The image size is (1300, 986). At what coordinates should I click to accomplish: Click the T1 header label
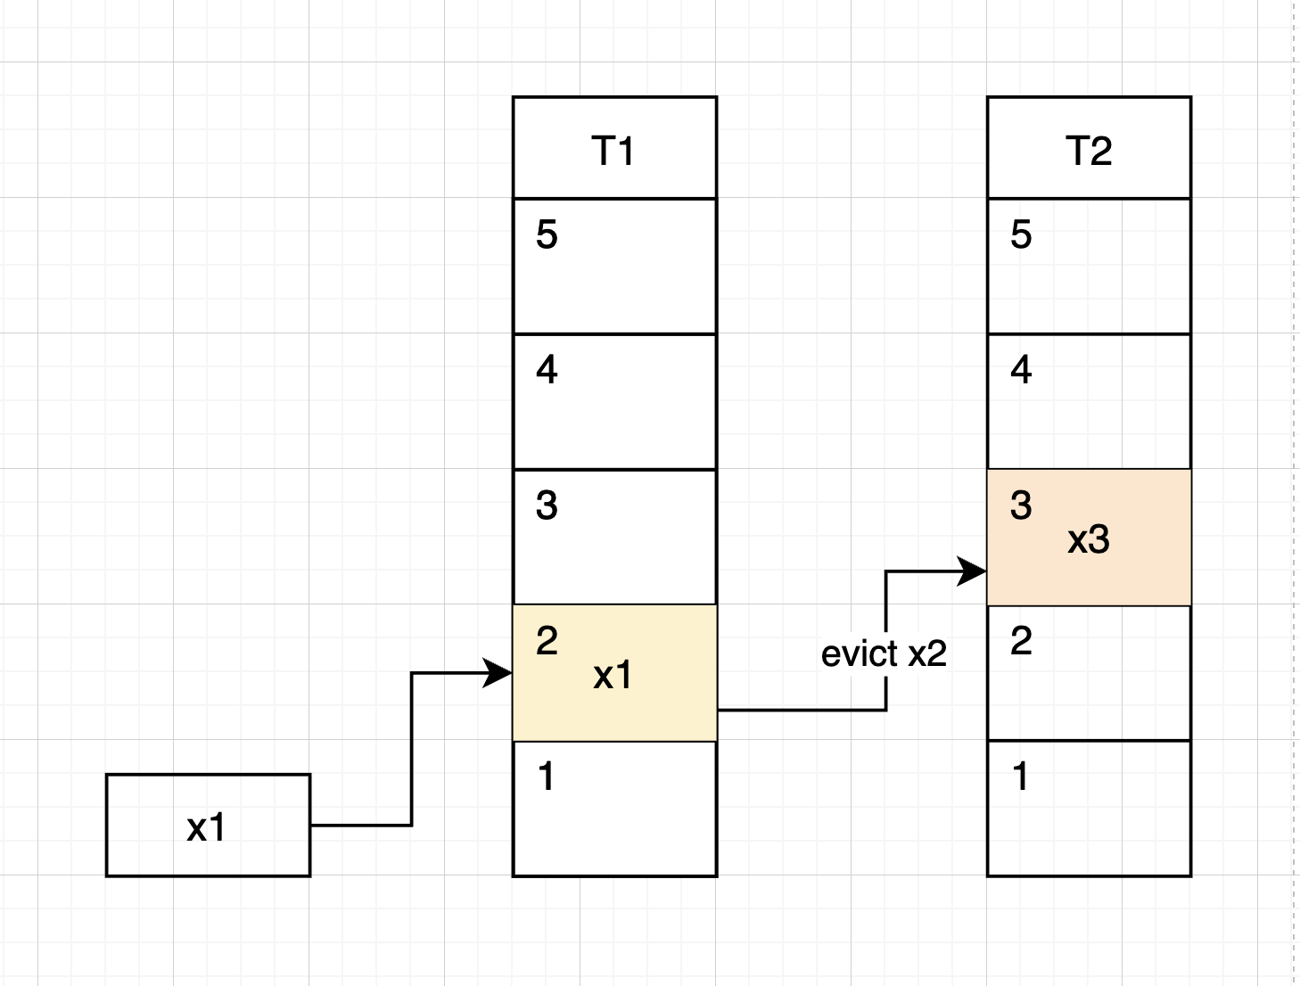pyautogui.click(x=613, y=151)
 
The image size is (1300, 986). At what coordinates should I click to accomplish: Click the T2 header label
pyautogui.click(x=1089, y=151)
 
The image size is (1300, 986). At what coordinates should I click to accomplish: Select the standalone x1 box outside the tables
pyautogui.click(x=208, y=826)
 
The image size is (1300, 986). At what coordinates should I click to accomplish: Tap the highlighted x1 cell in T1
pyautogui.click(x=614, y=673)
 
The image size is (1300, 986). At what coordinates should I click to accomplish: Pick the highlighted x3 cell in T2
pyautogui.click(x=1089, y=538)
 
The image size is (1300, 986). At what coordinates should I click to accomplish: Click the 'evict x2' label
pyautogui.click(x=884, y=654)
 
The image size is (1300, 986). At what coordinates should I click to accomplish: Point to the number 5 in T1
pyautogui.click(x=547, y=235)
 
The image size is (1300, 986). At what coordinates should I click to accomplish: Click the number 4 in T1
pyautogui.click(x=547, y=370)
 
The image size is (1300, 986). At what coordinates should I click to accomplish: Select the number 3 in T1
pyautogui.click(x=547, y=505)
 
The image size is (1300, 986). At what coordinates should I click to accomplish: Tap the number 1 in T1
pyautogui.click(x=547, y=776)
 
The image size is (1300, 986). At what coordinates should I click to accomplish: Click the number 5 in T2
pyautogui.click(x=1021, y=235)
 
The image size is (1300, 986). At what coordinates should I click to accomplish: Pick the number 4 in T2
pyautogui.click(x=1021, y=370)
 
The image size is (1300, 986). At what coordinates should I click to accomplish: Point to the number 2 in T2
pyautogui.click(x=1021, y=641)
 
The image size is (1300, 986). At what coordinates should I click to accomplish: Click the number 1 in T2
pyautogui.click(x=1021, y=776)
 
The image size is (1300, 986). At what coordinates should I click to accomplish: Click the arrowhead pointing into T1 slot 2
pyautogui.click(x=499, y=673)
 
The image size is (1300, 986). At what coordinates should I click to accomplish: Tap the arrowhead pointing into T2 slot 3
pyautogui.click(x=973, y=571)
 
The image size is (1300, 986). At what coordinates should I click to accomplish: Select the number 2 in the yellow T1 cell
pyautogui.click(x=547, y=641)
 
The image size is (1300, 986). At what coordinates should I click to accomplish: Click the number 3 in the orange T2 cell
pyautogui.click(x=1021, y=505)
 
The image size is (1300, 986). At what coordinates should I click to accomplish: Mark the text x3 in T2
pyautogui.click(x=1088, y=540)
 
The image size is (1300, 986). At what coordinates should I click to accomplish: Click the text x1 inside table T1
pyautogui.click(x=613, y=676)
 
